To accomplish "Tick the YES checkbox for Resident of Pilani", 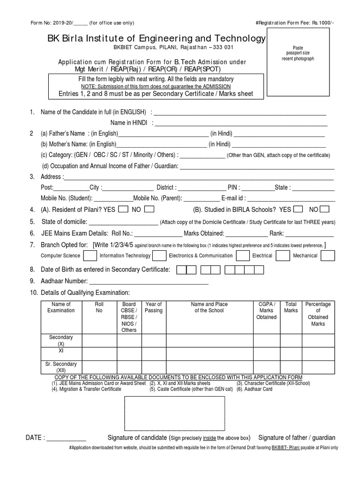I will (123, 209).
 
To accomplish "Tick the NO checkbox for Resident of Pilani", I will (150, 209).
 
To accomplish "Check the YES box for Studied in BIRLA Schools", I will (297, 209).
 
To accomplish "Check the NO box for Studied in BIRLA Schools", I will (324, 209).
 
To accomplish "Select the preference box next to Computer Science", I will (90, 255).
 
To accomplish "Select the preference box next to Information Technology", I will (159, 255).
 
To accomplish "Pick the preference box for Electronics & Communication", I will (242, 255).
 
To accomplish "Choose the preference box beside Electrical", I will (283, 255).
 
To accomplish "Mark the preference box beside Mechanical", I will (327, 255).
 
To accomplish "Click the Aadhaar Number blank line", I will (149, 282).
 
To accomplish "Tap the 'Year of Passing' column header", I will (154, 307).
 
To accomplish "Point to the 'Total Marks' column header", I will (291, 307).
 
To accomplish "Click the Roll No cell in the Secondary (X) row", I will (99, 340).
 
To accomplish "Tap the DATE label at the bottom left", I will (35, 438).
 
